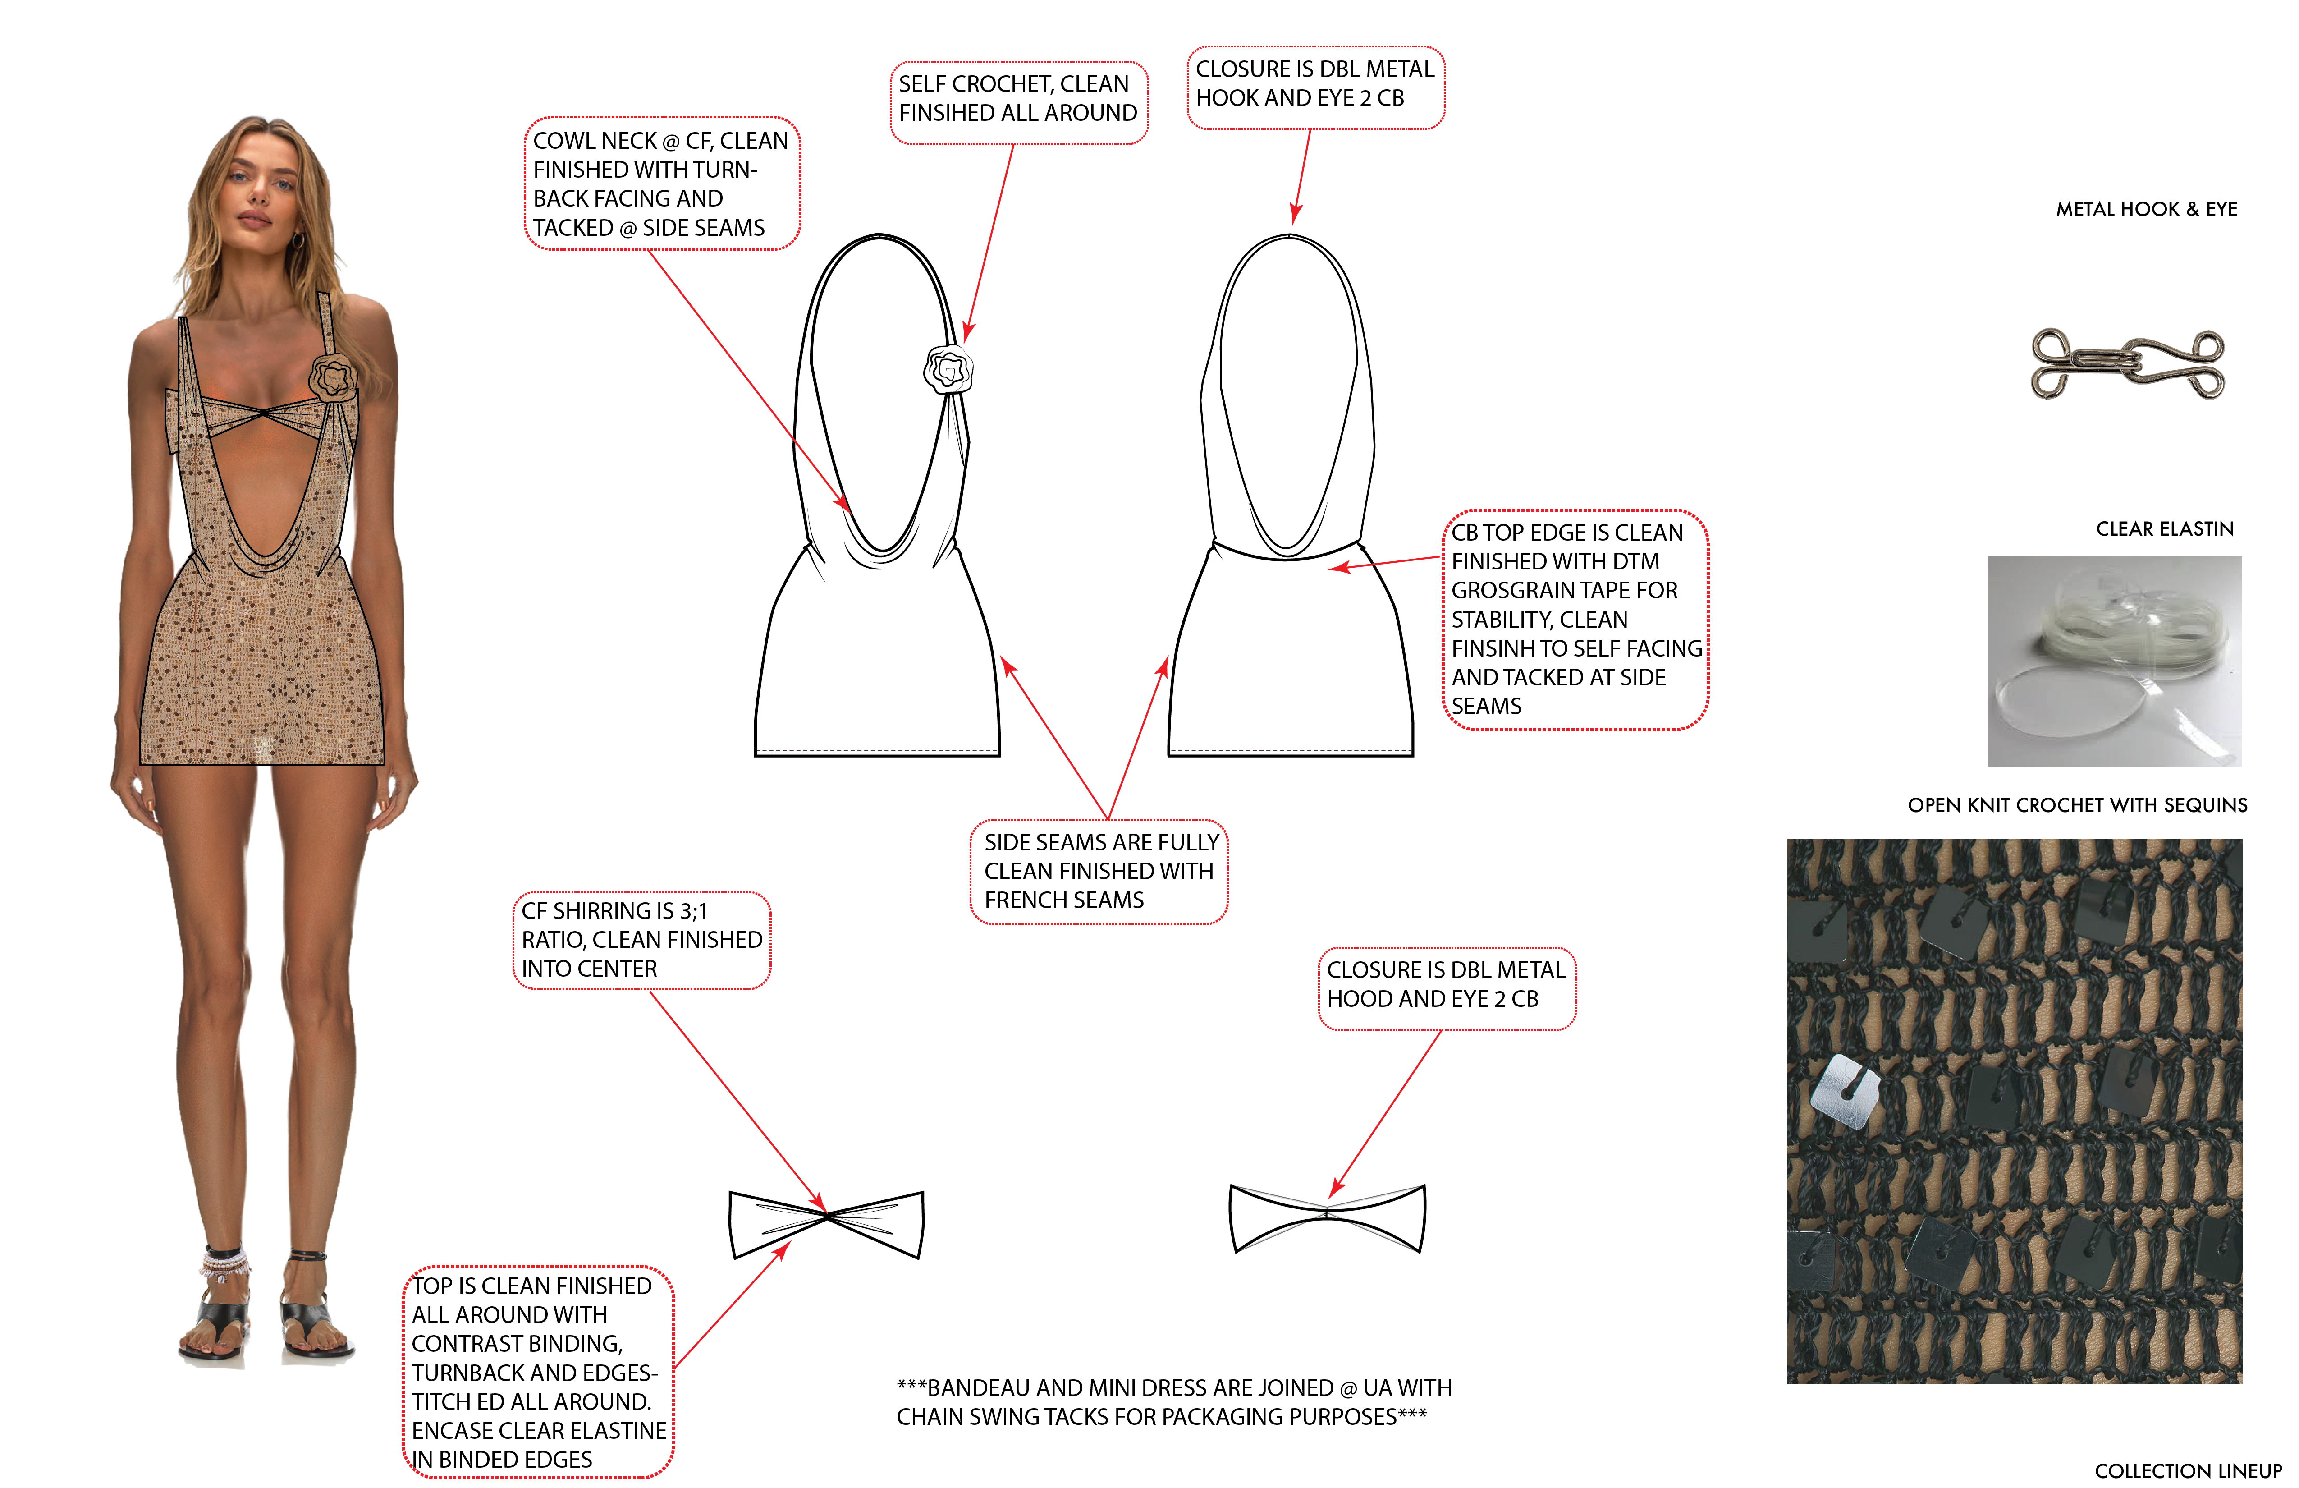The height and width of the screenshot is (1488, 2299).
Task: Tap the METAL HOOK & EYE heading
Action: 2146,209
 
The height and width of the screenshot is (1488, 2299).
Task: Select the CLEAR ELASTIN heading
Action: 2165,528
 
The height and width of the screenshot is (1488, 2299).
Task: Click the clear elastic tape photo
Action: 2115,662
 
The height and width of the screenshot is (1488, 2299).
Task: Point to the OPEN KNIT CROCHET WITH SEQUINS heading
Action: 2077,805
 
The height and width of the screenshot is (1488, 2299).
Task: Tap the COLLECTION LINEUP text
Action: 2188,1470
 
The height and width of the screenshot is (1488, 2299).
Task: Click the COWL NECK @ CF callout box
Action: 662,184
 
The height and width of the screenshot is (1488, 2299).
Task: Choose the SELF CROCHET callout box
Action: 1018,102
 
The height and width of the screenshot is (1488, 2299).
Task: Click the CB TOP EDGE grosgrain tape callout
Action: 1575,620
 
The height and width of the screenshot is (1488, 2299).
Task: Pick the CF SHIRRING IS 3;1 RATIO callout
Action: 641,940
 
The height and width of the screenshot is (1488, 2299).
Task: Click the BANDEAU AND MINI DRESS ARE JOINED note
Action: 1174,1402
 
